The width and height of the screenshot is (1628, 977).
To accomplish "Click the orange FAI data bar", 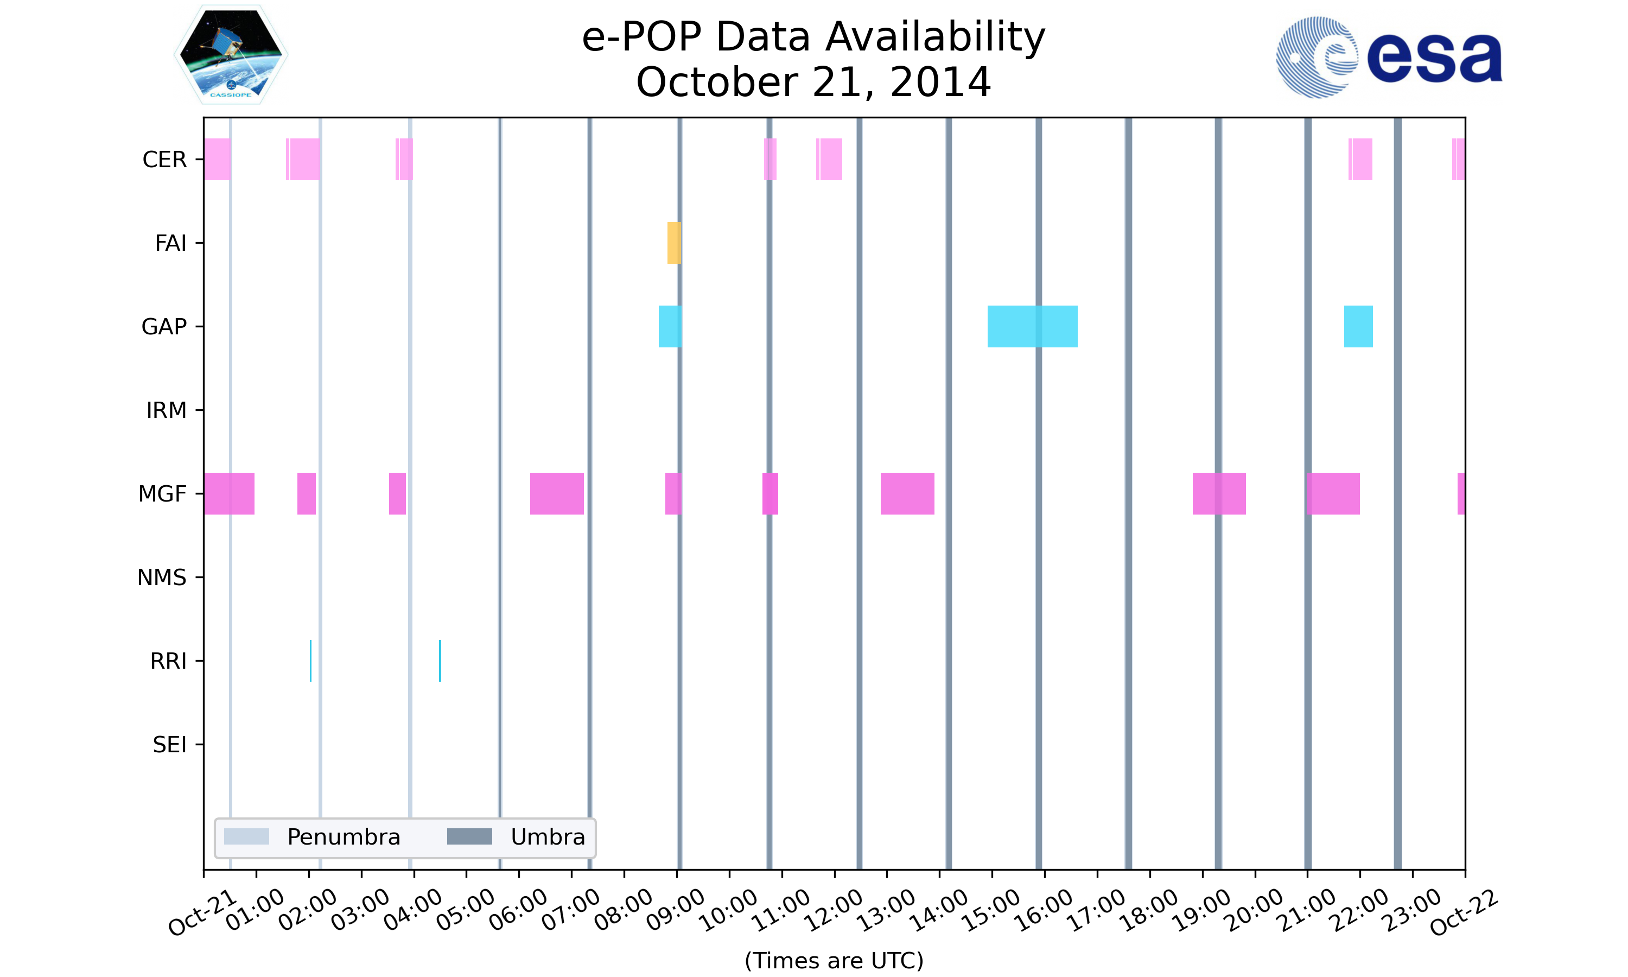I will pyautogui.click(x=674, y=243).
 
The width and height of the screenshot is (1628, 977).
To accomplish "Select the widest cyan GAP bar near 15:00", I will pyautogui.click(x=1032, y=327).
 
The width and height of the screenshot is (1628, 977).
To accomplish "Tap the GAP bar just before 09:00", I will pyautogui.click(x=669, y=327).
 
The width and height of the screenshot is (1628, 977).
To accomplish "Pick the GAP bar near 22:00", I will pyautogui.click(x=1358, y=327).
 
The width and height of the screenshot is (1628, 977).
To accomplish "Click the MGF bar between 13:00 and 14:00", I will pyautogui.click(x=907, y=494).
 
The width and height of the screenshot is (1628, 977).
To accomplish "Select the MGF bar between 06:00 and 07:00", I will pyautogui.click(x=557, y=494).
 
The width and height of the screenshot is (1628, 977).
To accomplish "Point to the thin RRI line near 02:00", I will pyautogui.click(x=310, y=661).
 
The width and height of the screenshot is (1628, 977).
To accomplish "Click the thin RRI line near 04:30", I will pyautogui.click(x=440, y=661).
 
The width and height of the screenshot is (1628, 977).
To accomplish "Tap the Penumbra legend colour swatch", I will pyautogui.click(x=246, y=837).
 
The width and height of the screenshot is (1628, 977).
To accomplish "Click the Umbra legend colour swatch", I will pyautogui.click(x=469, y=837).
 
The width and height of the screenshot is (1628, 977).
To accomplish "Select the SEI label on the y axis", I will pyautogui.click(x=169, y=745).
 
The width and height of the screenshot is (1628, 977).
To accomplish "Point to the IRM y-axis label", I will pyautogui.click(x=166, y=410).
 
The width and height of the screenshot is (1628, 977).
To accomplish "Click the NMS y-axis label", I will pyautogui.click(x=161, y=578).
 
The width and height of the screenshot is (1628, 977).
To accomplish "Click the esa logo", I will pyautogui.click(x=1389, y=58).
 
